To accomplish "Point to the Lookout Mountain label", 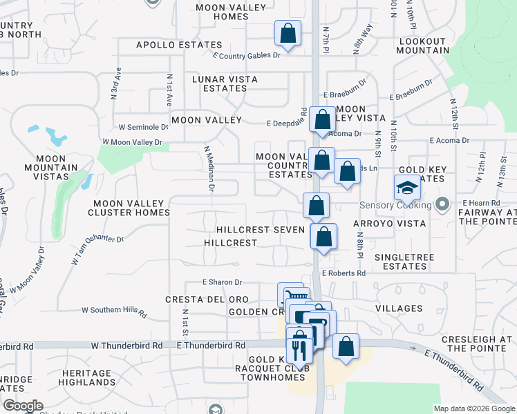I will tap(422, 46).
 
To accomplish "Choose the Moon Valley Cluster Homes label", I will tap(130, 208).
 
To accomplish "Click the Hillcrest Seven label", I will tap(260, 229).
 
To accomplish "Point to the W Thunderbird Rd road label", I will tap(126, 345).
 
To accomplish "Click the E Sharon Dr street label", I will tap(223, 282).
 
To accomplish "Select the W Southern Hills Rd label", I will tap(114, 312).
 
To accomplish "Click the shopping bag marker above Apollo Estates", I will tap(288, 33).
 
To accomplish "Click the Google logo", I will tap(23, 406).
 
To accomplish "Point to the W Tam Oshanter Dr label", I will tap(97, 250).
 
